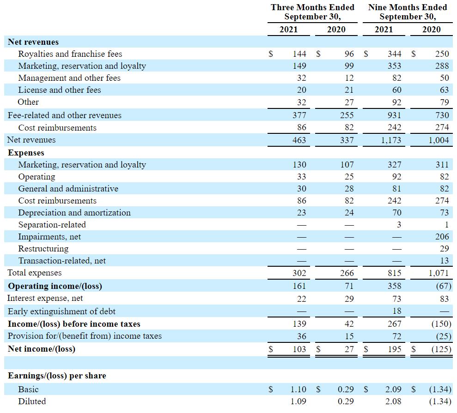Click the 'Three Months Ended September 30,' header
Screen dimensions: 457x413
coord(312,12)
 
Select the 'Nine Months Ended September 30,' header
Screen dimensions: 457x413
coord(408,12)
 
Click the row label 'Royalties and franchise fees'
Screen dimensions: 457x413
coord(70,54)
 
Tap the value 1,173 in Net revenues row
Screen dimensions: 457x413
coord(391,140)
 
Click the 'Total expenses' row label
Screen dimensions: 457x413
coord(34,273)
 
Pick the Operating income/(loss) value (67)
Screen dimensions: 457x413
coord(444,286)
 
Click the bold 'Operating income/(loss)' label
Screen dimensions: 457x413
coord(55,286)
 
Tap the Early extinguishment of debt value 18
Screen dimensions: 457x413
coord(396,311)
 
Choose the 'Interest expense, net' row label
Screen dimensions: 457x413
coord(45,298)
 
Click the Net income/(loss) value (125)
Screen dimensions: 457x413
coord(441,349)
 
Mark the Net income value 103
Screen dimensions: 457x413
coord(299,349)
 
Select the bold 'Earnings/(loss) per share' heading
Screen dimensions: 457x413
coord(57,376)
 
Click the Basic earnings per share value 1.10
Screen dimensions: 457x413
coord(298,389)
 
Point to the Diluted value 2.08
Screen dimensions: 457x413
coord(393,401)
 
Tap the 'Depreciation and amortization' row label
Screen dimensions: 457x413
coord(74,213)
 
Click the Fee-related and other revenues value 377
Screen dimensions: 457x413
coord(299,115)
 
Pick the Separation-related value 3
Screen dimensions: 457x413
coord(399,224)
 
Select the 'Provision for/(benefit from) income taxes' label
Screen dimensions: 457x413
coord(85,336)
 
